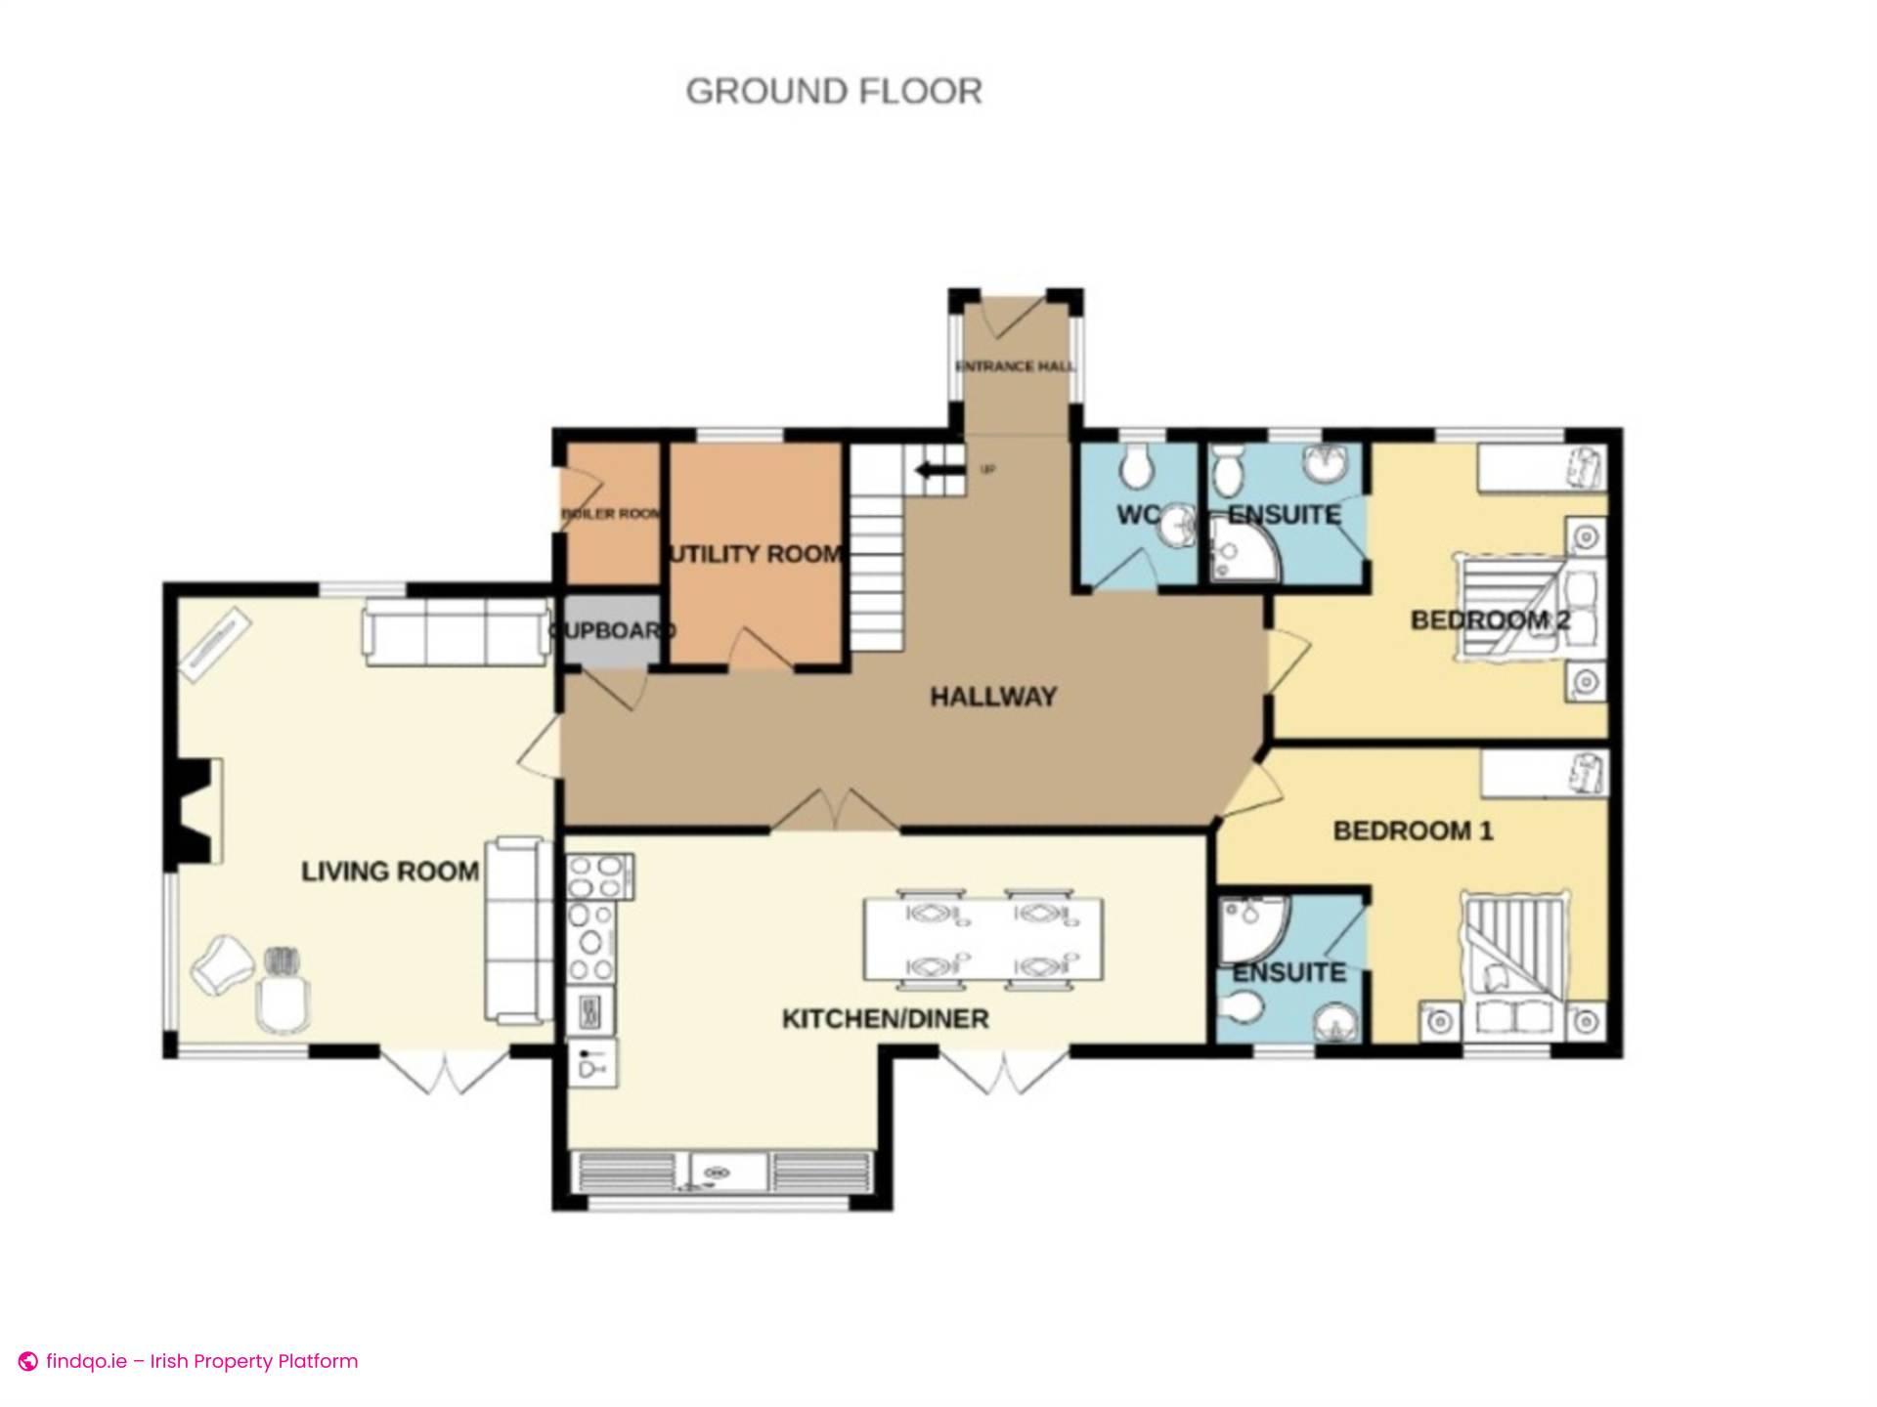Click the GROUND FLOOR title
pyautogui.click(x=834, y=91)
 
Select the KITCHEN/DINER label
pyautogui.click(x=886, y=1019)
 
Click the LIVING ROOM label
pyautogui.click(x=390, y=871)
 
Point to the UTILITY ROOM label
pyautogui.click(x=754, y=554)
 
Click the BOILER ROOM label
pyautogui.click(x=610, y=514)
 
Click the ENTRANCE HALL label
pyautogui.click(x=1015, y=366)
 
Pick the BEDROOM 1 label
pyautogui.click(x=1413, y=831)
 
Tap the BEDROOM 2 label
pyautogui.click(x=1489, y=619)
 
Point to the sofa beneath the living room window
pyautogui.click(x=456, y=633)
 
